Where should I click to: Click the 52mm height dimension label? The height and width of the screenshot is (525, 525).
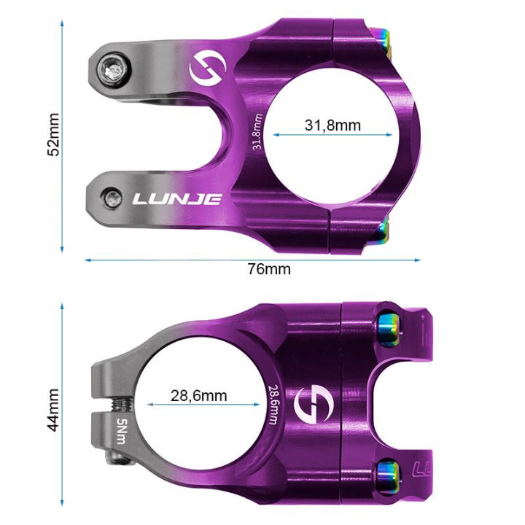tap(53, 134)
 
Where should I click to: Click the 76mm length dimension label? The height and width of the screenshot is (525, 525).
tap(268, 269)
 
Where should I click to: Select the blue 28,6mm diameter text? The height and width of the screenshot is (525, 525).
tap(198, 396)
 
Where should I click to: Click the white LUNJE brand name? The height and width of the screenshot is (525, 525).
tap(176, 198)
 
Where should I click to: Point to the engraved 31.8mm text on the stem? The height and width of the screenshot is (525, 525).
tap(257, 132)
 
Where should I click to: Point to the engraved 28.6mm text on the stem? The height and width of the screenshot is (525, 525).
tap(273, 405)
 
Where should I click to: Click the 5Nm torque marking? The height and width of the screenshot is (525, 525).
tap(120, 432)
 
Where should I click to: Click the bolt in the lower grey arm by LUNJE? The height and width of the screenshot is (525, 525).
tap(112, 197)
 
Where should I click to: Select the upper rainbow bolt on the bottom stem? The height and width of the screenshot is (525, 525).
tap(388, 329)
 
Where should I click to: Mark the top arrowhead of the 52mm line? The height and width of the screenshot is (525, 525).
tap(63, 21)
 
